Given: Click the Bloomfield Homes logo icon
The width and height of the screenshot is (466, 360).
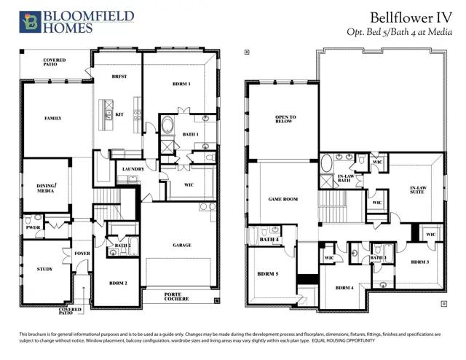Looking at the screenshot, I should point(29,23).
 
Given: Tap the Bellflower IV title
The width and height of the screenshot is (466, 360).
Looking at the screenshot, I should point(413,16).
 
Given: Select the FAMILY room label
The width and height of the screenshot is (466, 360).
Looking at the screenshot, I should point(52,117).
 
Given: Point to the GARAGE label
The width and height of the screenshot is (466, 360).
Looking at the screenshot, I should point(182,245).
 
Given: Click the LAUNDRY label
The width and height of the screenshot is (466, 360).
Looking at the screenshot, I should point(133,169).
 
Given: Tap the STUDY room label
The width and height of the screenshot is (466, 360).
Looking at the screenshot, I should point(44,269).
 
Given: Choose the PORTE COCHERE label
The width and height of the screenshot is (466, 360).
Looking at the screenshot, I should point(178,297).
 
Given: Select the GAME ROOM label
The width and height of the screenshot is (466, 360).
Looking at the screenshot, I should point(283,198).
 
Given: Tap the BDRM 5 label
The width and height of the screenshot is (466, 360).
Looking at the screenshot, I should point(267,274).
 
